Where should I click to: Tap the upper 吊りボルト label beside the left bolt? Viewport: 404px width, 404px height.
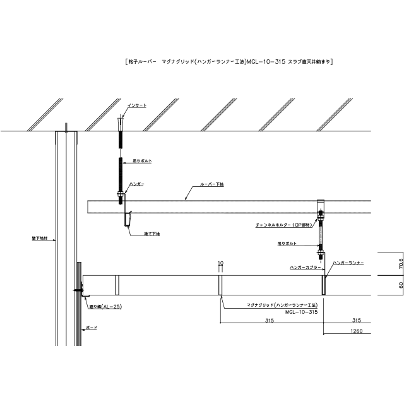click(140, 162)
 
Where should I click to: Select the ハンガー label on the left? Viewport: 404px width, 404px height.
click(137, 183)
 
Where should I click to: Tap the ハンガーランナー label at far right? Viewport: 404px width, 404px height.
click(350, 260)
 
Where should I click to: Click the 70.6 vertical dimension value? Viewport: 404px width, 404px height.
click(383, 263)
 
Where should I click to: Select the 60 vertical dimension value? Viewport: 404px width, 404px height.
click(383, 285)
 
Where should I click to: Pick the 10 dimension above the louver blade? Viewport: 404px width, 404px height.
click(220, 262)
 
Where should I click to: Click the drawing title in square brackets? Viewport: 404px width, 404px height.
click(225, 62)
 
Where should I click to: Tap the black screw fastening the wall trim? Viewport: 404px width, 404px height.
click(76, 290)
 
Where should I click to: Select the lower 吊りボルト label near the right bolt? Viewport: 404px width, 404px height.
click(286, 242)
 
